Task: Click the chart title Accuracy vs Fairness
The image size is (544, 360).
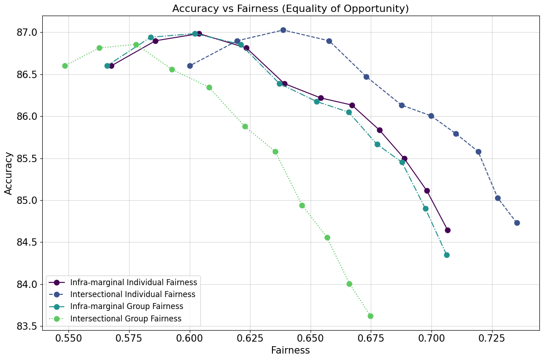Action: point(290,8)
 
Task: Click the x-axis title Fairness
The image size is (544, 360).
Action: point(290,350)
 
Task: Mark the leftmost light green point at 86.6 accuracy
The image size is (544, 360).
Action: point(65,66)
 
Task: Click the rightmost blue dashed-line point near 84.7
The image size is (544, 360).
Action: point(517,223)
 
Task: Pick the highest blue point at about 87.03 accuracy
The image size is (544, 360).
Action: point(283,30)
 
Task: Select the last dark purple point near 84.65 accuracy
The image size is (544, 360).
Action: point(448,230)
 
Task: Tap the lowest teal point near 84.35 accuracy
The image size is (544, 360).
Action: point(447,255)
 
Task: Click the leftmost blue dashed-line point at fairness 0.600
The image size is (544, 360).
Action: point(190,66)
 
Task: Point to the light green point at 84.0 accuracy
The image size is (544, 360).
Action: point(349,284)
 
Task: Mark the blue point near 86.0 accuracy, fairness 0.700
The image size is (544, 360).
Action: point(431,116)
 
